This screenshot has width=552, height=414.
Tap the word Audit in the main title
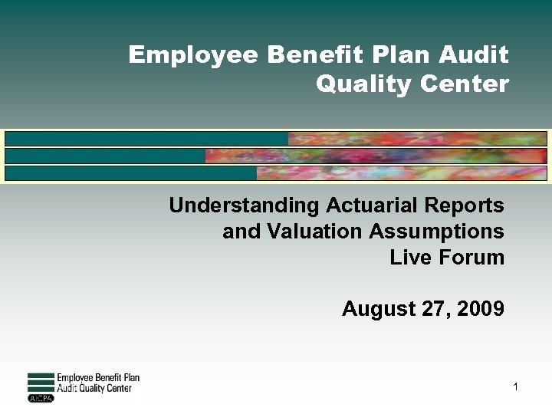(x=477, y=55)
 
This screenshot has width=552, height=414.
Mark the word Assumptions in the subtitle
(x=432, y=231)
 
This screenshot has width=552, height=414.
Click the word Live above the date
(x=410, y=257)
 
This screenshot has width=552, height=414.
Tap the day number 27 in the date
(x=432, y=309)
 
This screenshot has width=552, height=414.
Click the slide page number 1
(x=516, y=387)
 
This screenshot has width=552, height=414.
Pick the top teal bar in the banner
(x=146, y=139)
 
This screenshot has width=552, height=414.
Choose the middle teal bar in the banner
(x=105, y=156)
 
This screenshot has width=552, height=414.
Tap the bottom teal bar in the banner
(x=130, y=172)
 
